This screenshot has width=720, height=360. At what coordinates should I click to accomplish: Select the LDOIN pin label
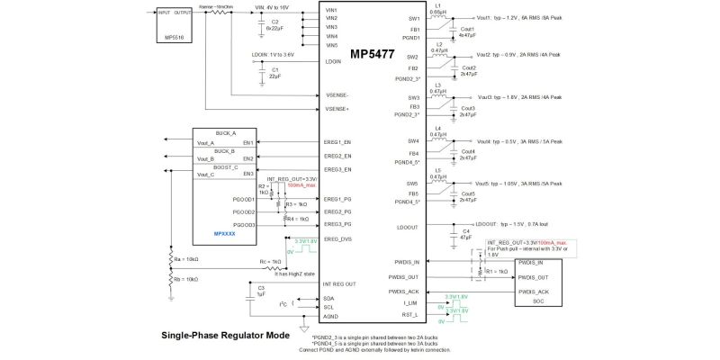click(332, 61)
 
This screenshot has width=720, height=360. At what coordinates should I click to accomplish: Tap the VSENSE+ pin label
click(337, 109)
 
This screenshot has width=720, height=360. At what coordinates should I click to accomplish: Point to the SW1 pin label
click(414, 18)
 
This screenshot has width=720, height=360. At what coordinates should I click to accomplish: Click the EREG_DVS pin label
click(337, 238)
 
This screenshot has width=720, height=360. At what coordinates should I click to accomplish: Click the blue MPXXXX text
click(225, 234)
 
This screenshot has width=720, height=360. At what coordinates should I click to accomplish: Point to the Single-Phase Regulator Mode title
click(225, 335)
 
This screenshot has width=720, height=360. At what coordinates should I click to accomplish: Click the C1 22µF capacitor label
click(274, 73)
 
